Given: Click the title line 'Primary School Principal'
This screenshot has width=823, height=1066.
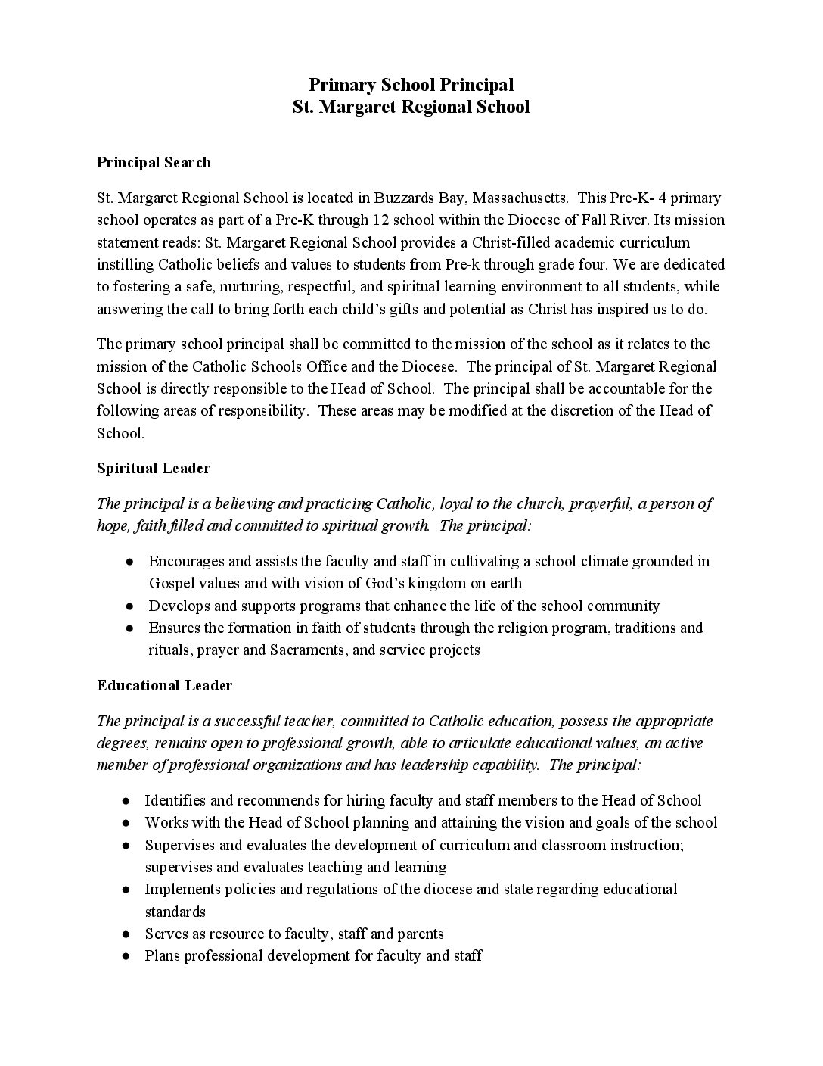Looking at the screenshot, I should [411, 84].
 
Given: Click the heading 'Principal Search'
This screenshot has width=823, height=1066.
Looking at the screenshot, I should [154, 162].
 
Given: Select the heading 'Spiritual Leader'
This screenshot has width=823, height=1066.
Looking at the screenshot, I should [154, 468].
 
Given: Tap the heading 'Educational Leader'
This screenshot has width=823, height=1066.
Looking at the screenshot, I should [164, 685].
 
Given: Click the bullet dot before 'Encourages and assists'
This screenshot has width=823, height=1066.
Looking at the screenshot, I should [130, 562].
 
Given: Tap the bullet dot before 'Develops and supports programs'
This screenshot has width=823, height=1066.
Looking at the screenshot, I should [130, 606].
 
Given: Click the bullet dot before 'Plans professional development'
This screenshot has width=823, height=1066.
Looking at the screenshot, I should [126, 955].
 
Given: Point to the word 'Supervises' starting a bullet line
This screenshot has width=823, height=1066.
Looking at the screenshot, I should [179, 845].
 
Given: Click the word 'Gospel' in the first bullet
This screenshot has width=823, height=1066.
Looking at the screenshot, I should [172, 584].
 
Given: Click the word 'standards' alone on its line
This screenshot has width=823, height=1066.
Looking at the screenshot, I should [175, 912].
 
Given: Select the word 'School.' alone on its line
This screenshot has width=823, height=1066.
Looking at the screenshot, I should [120, 433].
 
